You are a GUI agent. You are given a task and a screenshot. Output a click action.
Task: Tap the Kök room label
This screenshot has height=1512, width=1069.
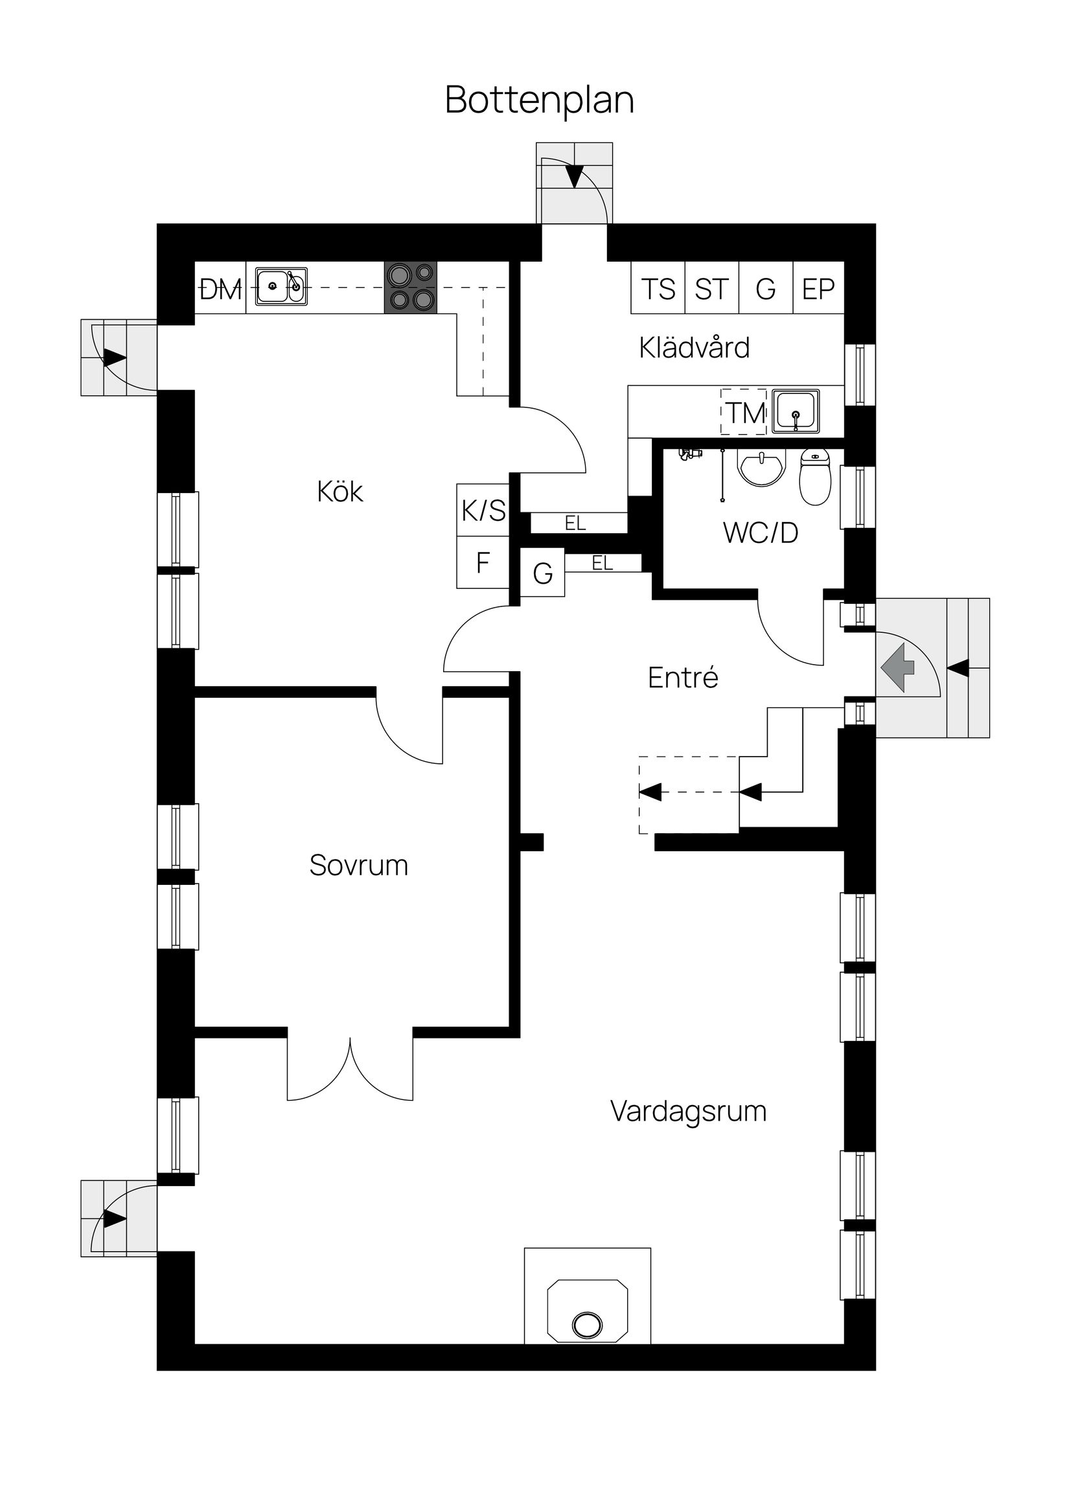340,492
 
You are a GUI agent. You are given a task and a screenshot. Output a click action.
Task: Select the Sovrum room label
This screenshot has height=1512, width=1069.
358,865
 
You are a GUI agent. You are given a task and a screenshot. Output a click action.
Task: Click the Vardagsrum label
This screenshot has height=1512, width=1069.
688,1112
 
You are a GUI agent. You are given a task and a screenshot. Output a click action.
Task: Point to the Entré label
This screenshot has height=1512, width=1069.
682,678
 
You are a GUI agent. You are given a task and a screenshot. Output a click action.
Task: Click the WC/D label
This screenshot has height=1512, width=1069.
760,533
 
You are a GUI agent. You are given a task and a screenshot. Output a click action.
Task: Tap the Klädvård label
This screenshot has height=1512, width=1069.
695,348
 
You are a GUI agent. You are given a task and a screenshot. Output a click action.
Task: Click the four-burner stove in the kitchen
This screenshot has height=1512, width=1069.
411,287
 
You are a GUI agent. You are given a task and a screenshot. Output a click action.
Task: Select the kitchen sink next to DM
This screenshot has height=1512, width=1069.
281,286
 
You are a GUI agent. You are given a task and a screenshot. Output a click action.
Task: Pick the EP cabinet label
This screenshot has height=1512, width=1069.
818,288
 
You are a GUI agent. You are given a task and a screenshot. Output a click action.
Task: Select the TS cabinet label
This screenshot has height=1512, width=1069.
658,288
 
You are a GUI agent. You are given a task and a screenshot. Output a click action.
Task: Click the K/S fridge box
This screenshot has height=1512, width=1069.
483,510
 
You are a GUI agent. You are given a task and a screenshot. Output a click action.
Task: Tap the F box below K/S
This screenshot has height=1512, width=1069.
483,563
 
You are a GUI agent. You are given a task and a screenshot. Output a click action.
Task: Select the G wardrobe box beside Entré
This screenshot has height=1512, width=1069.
543,573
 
